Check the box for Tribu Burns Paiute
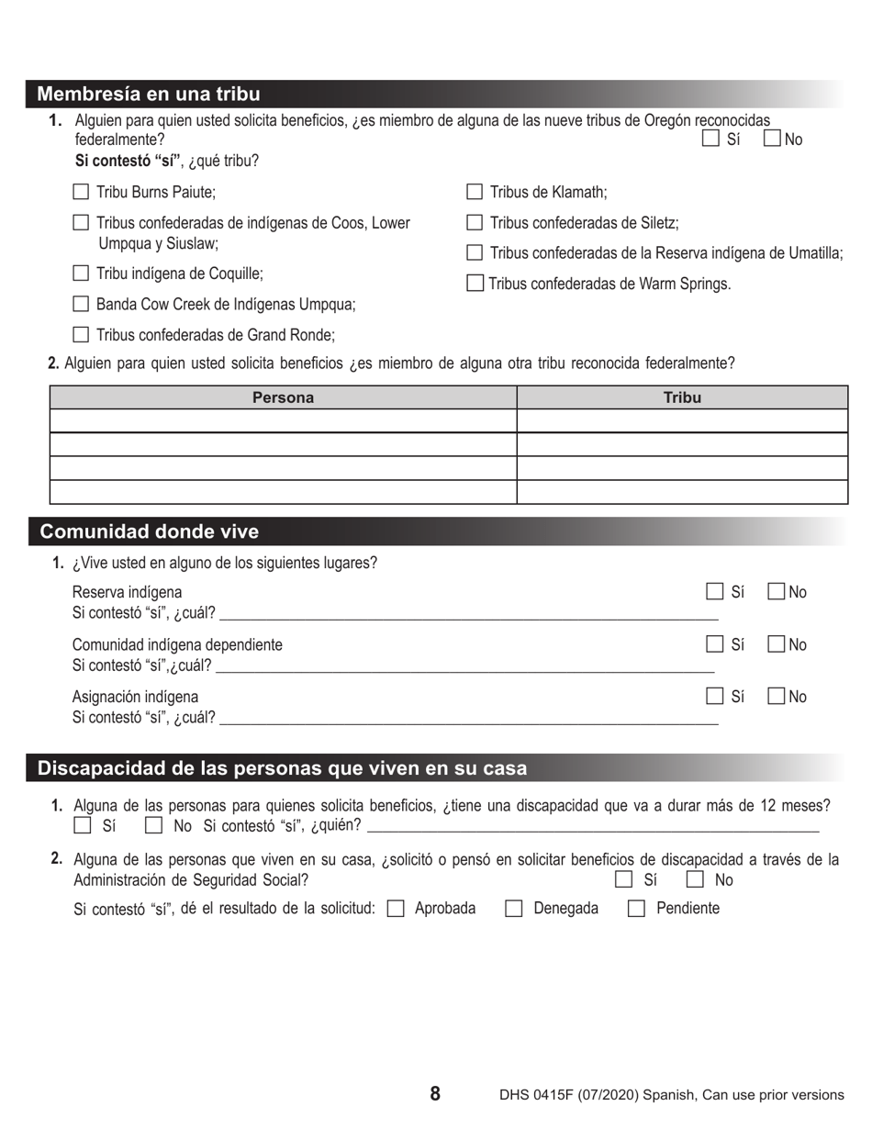(81, 192)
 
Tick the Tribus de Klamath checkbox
(475, 192)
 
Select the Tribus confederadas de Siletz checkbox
(475, 222)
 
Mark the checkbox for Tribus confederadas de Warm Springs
(475, 284)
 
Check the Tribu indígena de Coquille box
(81, 274)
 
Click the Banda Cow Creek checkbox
(81, 304)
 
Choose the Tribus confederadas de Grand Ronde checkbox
(81, 335)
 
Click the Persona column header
(283, 397)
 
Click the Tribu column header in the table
(682, 397)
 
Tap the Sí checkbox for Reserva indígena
(714, 592)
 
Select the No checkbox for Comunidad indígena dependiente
(776, 644)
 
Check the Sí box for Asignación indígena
(714, 697)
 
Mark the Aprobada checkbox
(396, 909)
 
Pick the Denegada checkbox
(514, 909)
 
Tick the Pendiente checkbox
(636, 909)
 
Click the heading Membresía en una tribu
(149, 94)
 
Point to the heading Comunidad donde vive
(149, 532)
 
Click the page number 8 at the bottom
(435, 1093)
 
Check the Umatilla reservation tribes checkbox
(475, 252)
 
